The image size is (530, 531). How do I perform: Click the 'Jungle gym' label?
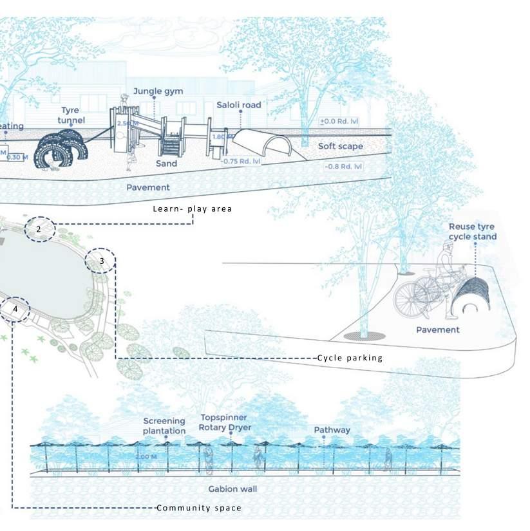click(x=158, y=91)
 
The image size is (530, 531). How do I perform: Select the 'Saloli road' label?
click(x=239, y=104)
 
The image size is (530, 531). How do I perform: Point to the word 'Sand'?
click(x=167, y=164)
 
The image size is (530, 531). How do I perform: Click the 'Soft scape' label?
click(x=340, y=147)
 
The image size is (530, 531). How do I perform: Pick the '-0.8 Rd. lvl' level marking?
click(x=343, y=167)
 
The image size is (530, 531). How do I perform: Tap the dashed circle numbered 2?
click(x=39, y=228)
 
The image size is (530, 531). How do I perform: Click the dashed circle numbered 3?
click(x=101, y=261)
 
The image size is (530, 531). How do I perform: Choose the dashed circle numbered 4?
click(x=15, y=310)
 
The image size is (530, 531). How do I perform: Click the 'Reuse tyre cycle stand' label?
click(x=473, y=232)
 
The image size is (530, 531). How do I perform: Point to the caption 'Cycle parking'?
click(x=350, y=358)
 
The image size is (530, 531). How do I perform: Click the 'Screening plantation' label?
click(x=164, y=425)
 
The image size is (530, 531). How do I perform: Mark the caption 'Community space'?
click(x=200, y=508)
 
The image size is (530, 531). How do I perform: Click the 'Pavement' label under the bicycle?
click(x=438, y=330)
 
